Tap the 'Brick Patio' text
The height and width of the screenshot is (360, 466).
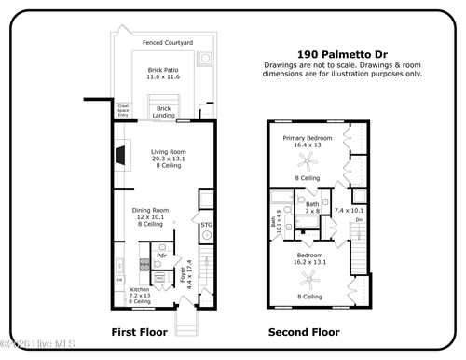pyautogui.click(x=164, y=70)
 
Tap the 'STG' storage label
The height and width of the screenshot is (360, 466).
pyautogui.click(x=206, y=224)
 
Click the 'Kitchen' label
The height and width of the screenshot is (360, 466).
pyautogui.click(x=139, y=290)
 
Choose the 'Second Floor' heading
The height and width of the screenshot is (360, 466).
pyautogui.click(x=304, y=332)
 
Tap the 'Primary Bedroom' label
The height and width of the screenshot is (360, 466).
pyautogui.click(x=308, y=137)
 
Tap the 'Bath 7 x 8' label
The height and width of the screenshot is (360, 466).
pyautogui.click(x=312, y=207)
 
